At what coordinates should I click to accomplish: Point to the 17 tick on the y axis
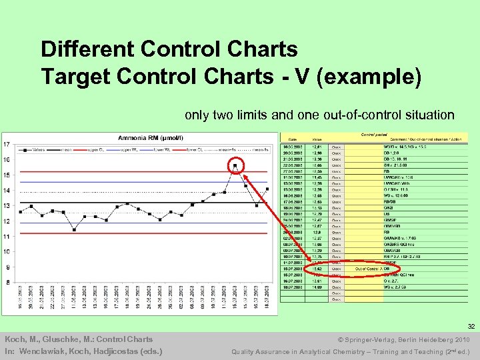(6, 145)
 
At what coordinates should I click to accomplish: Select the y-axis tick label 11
(6, 237)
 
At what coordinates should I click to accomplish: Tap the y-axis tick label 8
(6, 283)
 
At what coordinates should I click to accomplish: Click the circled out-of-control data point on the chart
(235, 165)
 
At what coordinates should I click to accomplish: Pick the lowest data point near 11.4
(74, 229)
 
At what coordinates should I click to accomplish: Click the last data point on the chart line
(267, 189)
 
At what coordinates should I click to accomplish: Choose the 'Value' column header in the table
(317, 139)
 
